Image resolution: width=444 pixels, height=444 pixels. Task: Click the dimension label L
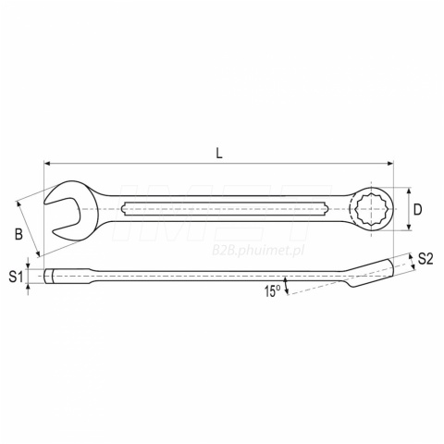pos(219,154)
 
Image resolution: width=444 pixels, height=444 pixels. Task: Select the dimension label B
pos(18,234)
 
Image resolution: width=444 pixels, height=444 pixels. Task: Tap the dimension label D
pos(417,210)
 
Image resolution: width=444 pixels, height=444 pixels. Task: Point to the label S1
pos(16,277)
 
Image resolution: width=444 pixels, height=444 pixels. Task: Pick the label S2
pos(425,259)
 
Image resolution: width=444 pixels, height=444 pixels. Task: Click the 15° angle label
pos(272,291)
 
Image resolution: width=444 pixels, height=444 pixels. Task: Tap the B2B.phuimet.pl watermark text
pos(258,251)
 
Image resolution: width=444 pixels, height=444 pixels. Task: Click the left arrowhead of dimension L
pos(47,164)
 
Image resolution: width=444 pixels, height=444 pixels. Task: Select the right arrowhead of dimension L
pos(390,164)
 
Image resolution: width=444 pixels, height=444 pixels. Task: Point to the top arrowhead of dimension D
pos(409,191)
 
